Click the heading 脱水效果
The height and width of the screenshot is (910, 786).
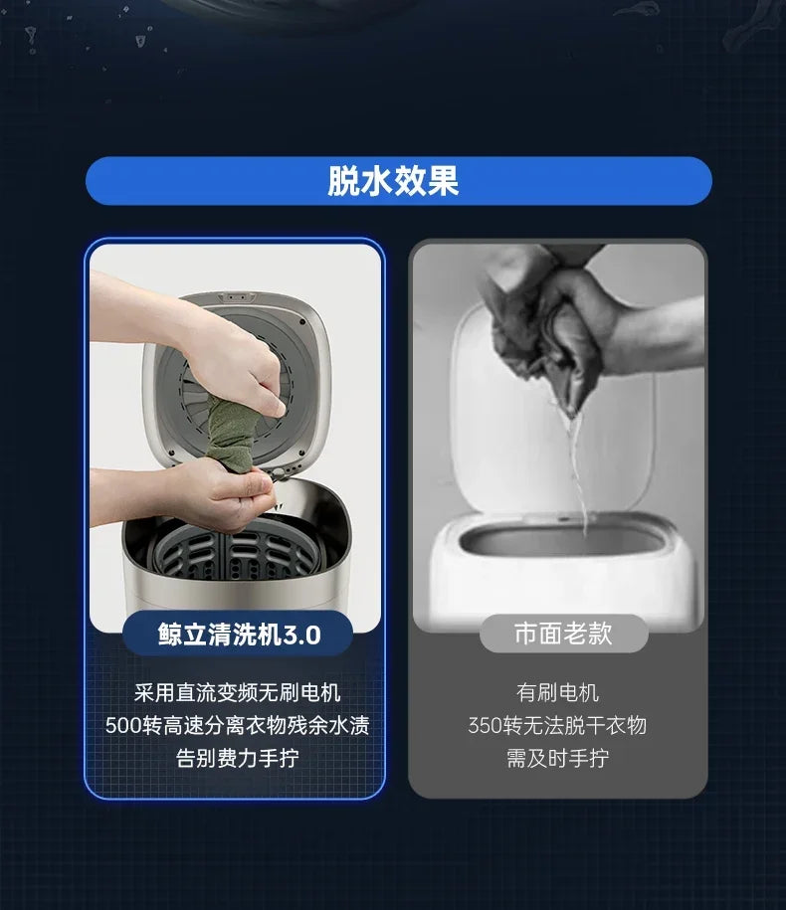tap(393, 181)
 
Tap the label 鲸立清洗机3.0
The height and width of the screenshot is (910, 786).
tap(239, 635)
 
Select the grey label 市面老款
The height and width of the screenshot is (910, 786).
tap(563, 634)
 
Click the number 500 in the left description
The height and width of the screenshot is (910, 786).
tap(123, 725)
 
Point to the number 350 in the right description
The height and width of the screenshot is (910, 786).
tap(486, 725)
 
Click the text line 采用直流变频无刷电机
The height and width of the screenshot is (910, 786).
tap(238, 692)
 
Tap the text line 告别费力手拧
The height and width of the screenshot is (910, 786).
tap(238, 758)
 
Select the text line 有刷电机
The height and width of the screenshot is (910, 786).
tap(557, 692)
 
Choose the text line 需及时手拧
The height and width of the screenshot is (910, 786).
tap(557, 758)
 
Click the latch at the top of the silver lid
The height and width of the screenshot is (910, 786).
tap(236, 297)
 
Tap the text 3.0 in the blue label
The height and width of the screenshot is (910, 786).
tap(301, 635)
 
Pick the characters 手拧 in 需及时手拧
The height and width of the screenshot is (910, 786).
tap(589, 758)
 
